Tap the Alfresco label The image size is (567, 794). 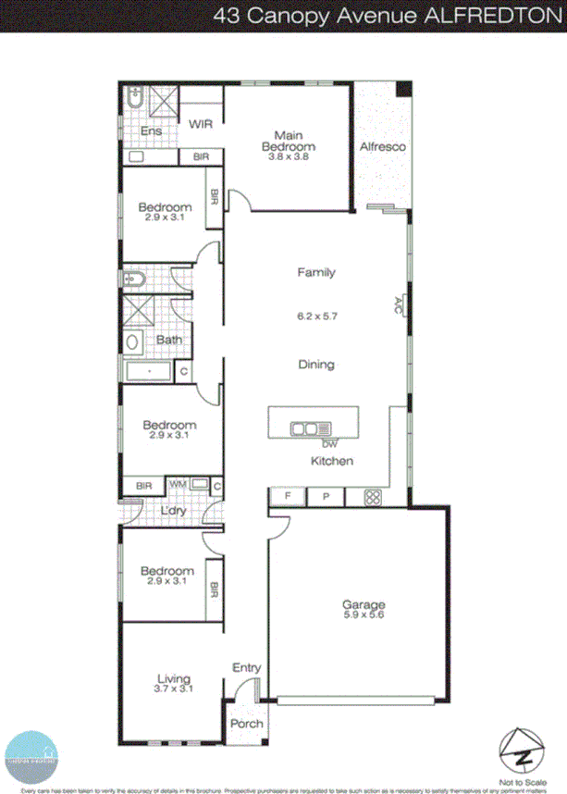coord(382,147)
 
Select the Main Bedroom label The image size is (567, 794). coord(288,141)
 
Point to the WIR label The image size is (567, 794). coord(202,124)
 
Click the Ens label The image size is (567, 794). coord(151,132)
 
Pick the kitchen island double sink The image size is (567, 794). coord(304,428)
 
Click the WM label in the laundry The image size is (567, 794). coord(176,484)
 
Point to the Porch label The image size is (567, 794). coord(246,724)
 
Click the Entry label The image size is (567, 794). coord(247,668)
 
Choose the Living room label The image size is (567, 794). coord(173,677)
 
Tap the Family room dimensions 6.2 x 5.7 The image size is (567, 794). coord(315,316)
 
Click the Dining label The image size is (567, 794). coord(315,365)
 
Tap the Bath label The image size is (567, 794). coord(168,340)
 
